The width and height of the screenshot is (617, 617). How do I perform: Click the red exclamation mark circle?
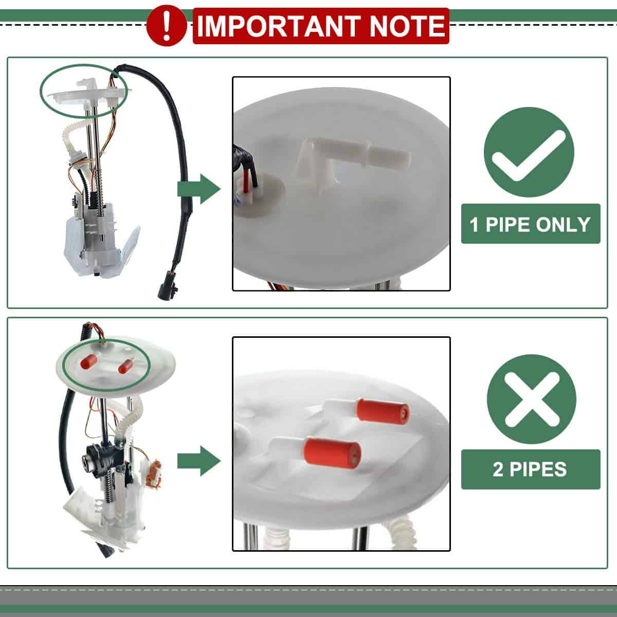pos(166,26)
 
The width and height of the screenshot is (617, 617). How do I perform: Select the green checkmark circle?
pos(529,152)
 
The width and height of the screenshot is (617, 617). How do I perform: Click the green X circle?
pos(532,399)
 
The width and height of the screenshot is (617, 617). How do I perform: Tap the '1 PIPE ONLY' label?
pos(531,224)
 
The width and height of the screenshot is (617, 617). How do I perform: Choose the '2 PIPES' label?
pos(531,469)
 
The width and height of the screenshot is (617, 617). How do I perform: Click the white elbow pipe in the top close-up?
pos(352,160)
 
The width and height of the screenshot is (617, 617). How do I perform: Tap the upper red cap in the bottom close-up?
pos(383,412)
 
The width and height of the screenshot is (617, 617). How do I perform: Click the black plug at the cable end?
pos(166,284)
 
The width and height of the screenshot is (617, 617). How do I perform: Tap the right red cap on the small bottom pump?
pos(125,366)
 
